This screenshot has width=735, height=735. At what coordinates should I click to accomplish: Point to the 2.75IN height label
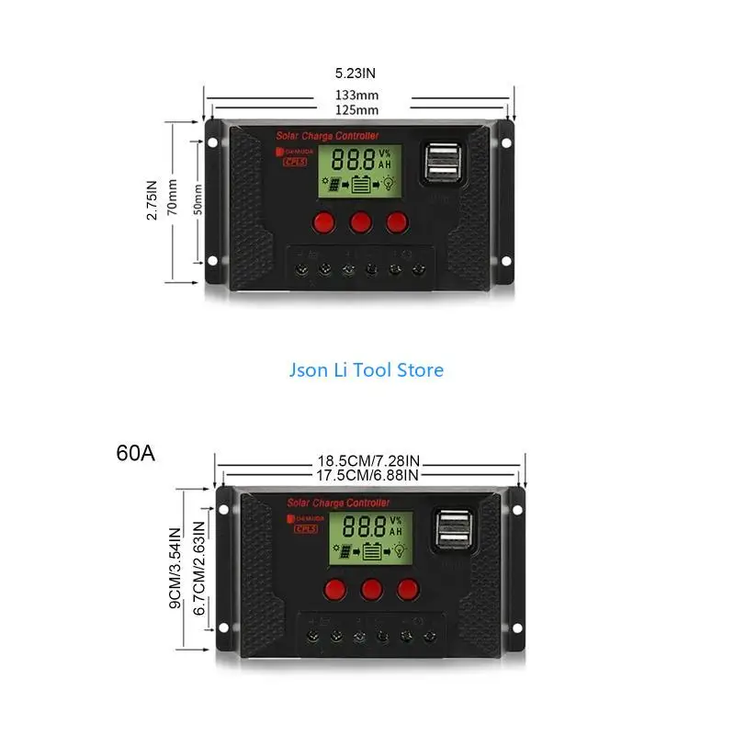[153, 199]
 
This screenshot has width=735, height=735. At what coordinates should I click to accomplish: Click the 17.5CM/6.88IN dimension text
[367, 475]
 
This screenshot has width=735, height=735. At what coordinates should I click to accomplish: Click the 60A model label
[136, 453]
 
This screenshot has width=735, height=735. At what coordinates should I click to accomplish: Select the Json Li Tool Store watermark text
[367, 370]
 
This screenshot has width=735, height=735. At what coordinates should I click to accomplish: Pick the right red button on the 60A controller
[408, 588]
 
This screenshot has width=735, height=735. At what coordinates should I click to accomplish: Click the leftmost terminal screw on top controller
[300, 270]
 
